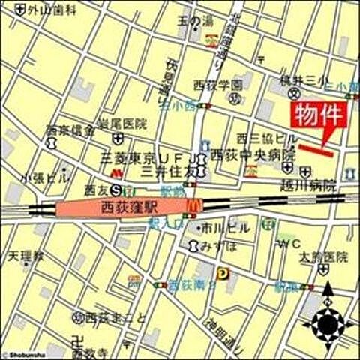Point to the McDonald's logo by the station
coord(194,203)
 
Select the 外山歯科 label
coord(52,10)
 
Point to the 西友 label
coord(97,189)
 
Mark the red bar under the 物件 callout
coord(316,150)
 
